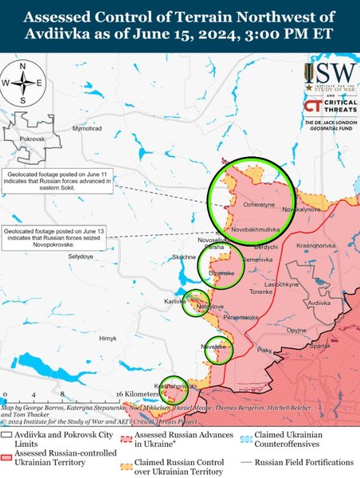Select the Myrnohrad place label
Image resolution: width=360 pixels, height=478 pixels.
[85, 128]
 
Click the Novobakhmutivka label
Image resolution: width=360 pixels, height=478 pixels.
[257, 229]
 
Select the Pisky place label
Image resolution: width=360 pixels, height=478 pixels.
[265, 349]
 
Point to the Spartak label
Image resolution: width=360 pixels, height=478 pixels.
[319, 346]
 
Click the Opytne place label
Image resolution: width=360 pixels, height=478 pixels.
[296, 330]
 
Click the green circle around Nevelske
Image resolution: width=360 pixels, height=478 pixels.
[217, 348]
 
